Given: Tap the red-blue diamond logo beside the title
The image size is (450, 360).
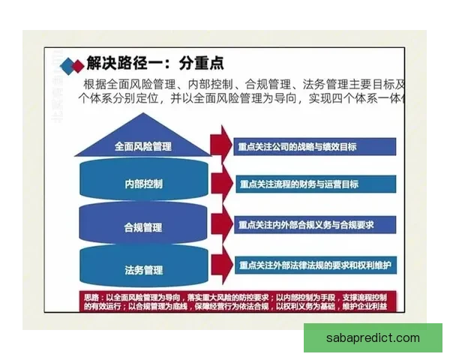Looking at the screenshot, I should pos(72,64).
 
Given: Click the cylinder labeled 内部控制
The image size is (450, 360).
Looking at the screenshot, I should pos(142,184).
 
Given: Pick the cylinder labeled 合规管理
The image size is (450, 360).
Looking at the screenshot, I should pos(142,226).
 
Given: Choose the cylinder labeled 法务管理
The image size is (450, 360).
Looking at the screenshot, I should pos(142,268).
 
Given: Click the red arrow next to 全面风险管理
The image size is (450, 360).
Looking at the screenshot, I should pos(220,144).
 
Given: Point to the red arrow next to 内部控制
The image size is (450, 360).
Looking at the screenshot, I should pos(220,184).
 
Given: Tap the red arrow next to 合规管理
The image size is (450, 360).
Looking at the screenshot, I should pos(220,224).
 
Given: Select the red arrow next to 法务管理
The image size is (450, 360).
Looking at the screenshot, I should pos(220,265).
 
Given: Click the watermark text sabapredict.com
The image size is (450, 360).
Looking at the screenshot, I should pos(373,337).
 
